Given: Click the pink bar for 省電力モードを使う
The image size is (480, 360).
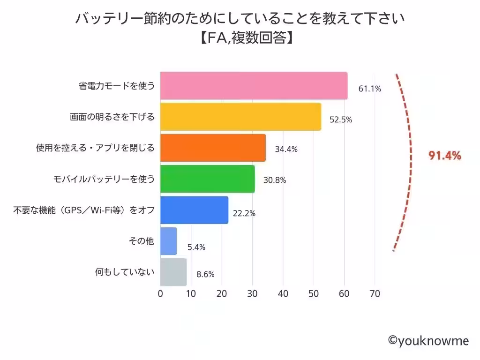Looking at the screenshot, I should coord(254,86).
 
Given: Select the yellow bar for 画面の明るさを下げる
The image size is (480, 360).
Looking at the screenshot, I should coord(240,117).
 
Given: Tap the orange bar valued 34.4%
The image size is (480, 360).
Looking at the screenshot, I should coord(213,148).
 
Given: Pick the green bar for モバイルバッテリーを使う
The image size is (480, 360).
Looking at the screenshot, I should coord(207,179).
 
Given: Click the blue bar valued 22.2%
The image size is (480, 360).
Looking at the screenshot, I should coord(194,210).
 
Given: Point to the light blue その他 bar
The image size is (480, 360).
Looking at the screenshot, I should coord(168,240).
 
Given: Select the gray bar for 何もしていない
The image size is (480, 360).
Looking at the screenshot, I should coord(173,272).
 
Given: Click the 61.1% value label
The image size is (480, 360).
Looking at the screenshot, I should coord(369,89).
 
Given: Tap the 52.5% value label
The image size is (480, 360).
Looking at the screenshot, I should coord(340,120).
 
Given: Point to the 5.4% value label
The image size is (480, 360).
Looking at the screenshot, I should coord(196,247).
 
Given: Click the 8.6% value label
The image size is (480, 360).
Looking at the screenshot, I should coord(205,275).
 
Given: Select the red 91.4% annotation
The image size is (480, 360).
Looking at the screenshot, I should coord(445,156).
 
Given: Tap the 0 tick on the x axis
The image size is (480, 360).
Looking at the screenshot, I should coord(160,294).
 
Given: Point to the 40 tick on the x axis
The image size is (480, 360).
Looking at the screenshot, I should coord(283,294).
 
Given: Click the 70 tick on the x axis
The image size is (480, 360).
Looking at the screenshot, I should coord(375,294).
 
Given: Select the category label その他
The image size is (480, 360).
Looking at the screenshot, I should coord(141,241).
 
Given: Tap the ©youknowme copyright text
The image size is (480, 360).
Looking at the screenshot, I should coord(428,341).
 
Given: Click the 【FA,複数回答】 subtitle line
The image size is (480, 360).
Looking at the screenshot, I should coord(240,38).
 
